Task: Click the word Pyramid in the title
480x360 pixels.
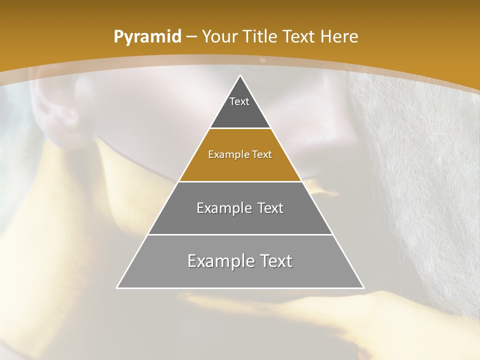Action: (147, 37)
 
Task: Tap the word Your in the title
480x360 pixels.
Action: (220, 37)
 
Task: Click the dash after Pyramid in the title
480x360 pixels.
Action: (190, 37)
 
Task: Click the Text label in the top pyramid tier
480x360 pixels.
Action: (239, 101)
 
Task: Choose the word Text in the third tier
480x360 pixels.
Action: (270, 208)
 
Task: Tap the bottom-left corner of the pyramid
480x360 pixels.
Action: (117, 287)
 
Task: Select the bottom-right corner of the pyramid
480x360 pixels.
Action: (363, 287)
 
